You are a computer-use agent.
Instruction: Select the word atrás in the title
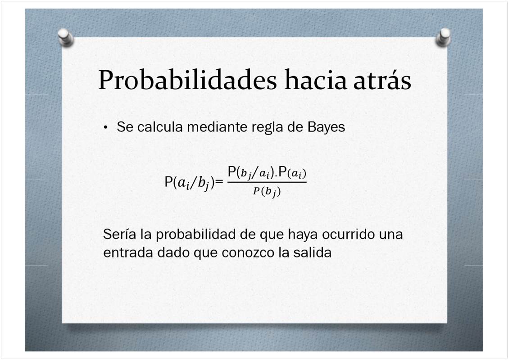click(382, 80)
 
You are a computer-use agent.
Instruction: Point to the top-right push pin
click(443, 37)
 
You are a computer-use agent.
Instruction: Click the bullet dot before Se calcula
click(106, 128)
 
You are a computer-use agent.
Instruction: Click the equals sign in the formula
click(219, 182)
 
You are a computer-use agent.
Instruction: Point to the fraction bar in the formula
click(267, 182)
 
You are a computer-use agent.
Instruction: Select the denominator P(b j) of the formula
click(267, 192)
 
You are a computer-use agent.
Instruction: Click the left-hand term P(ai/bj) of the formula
click(190, 183)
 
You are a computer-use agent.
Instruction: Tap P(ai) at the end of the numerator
click(292, 172)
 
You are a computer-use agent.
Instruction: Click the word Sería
click(119, 234)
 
